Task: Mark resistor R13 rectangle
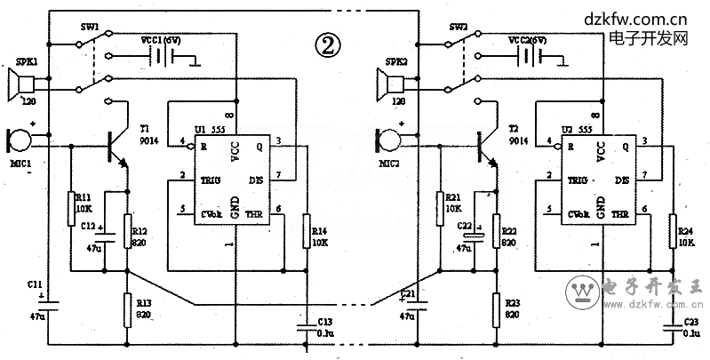[x=128, y=309]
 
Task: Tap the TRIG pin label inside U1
[x=211, y=180]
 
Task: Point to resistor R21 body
[x=439, y=208]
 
